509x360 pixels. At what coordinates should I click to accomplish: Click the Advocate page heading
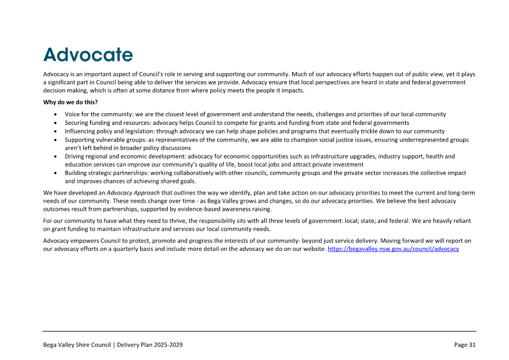[88, 55]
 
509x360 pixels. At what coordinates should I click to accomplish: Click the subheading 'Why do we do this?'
[70, 102]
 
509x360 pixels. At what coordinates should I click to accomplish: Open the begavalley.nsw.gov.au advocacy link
[393, 249]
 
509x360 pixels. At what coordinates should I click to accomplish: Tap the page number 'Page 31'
[465, 345]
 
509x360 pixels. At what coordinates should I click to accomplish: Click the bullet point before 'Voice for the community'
[55, 115]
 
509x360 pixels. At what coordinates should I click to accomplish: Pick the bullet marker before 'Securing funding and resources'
[55, 123]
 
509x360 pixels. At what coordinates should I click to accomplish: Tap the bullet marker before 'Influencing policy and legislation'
[55, 132]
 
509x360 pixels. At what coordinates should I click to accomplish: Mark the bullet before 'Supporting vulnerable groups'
[55, 140]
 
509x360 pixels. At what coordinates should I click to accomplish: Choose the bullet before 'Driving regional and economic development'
[55, 157]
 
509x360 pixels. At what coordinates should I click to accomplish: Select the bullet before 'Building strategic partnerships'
[55, 174]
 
